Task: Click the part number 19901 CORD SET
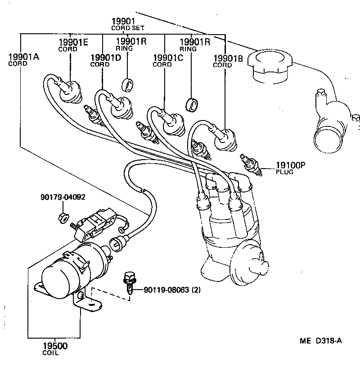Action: (x=123, y=24)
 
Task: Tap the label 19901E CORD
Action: (x=72, y=45)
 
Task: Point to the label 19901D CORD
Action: (x=105, y=60)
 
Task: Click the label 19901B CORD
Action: (x=228, y=60)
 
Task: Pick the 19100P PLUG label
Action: (x=290, y=168)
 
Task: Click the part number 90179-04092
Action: (x=63, y=197)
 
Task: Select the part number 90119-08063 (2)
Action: (x=172, y=290)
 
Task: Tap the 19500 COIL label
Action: (x=54, y=348)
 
